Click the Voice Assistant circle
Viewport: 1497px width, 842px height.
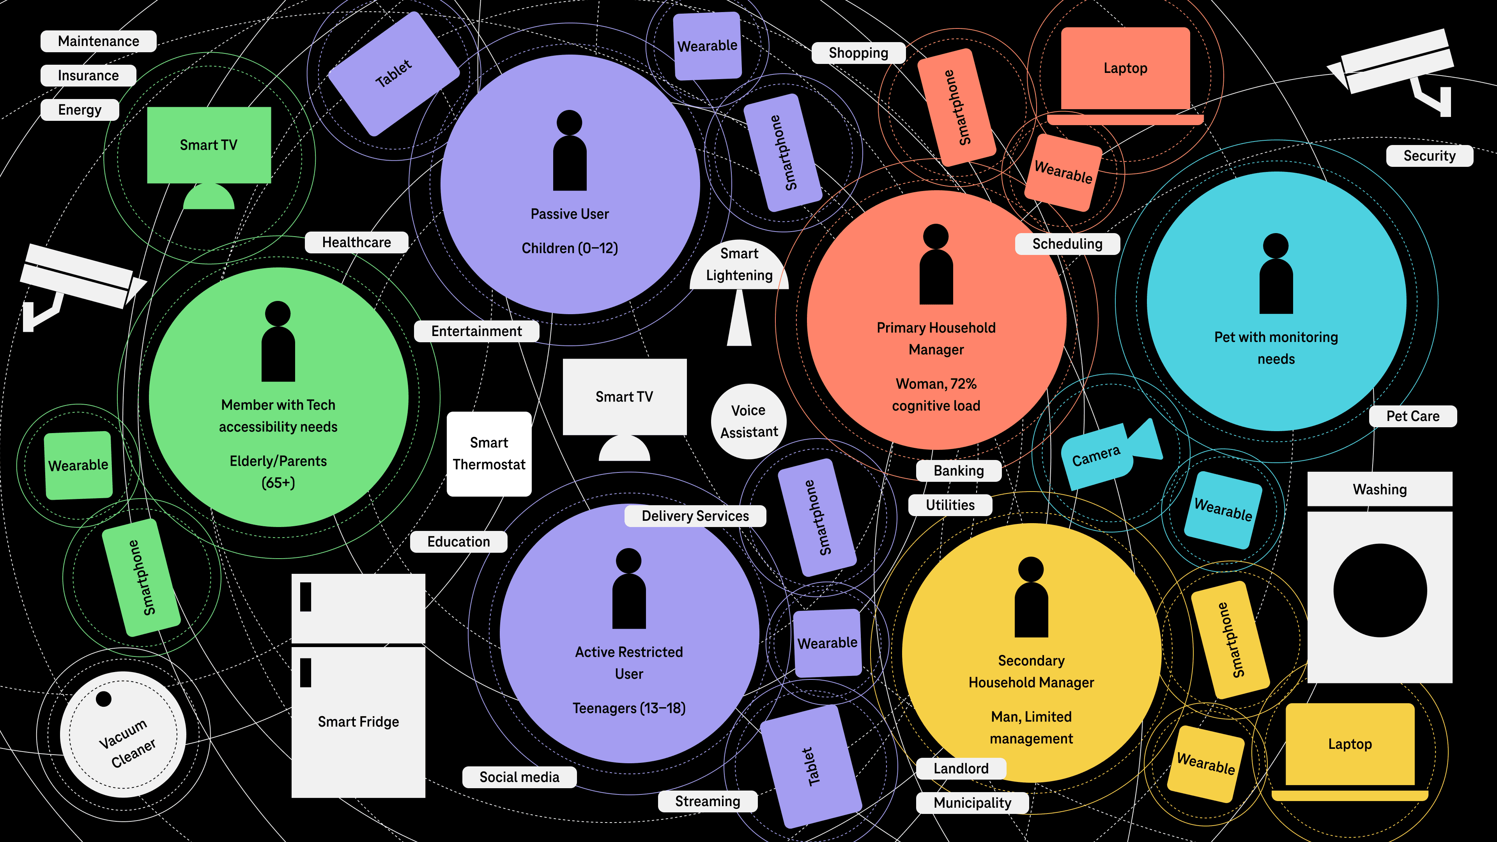(x=748, y=421)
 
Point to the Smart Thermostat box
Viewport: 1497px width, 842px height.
(x=489, y=454)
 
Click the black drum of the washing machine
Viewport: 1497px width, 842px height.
(x=1380, y=591)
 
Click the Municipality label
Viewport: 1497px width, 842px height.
(x=972, y=803)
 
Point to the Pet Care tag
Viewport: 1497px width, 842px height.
(x=1413, y=416)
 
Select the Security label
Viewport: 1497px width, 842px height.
(x=1429, y=156)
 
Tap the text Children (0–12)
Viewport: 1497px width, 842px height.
(x=570, y=248)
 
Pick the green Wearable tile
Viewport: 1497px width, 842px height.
(x=78, y=465)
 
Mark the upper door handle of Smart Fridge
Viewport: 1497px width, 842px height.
(x=306, y=597)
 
